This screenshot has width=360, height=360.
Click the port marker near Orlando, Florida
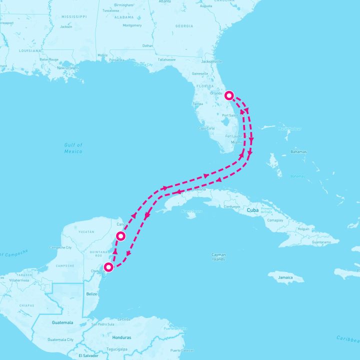[229, 95]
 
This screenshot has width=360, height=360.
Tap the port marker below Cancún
[120, 236]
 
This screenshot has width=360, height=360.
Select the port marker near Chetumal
[108, 267]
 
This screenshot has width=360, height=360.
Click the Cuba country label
[252, 210]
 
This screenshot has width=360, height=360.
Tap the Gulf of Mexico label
[73, 147]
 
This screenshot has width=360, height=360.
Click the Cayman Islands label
[218, 257]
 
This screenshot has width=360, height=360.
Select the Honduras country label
[122, 337]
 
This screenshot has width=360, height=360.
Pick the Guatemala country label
[62, 322]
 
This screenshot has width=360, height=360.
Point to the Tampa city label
[198, 104]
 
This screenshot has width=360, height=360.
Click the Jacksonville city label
[211, 61]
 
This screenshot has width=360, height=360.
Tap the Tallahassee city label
[167, 59]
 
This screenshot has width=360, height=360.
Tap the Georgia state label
[184, 26]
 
